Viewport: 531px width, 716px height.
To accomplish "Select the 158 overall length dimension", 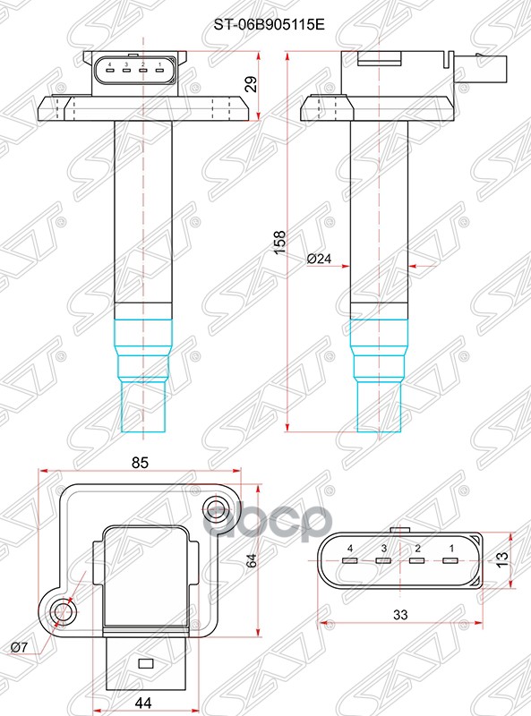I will [x=278, y=243].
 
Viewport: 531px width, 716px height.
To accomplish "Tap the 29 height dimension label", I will [x=252, y=85].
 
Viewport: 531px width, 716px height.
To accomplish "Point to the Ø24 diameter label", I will [x=319, y=260].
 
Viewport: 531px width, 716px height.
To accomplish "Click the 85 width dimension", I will [x=140, y=463].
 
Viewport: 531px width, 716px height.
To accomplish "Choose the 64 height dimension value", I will [x=252, y=560].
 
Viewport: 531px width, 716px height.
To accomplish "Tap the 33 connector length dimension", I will [x=400, y=615].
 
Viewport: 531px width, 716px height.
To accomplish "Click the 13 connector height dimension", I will [x=502, y=560].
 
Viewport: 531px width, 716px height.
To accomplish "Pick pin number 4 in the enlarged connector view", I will [x=350, y=547].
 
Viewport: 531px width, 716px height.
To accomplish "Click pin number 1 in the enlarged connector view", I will [x=451, y=547].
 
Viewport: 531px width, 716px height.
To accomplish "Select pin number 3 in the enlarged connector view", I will [x=383, y=547].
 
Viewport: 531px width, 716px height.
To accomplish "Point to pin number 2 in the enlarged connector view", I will [x=417, y=547].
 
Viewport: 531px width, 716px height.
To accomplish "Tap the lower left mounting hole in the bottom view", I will [x=62, y=612].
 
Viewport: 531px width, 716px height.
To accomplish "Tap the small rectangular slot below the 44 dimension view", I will [x=144, y=663].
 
